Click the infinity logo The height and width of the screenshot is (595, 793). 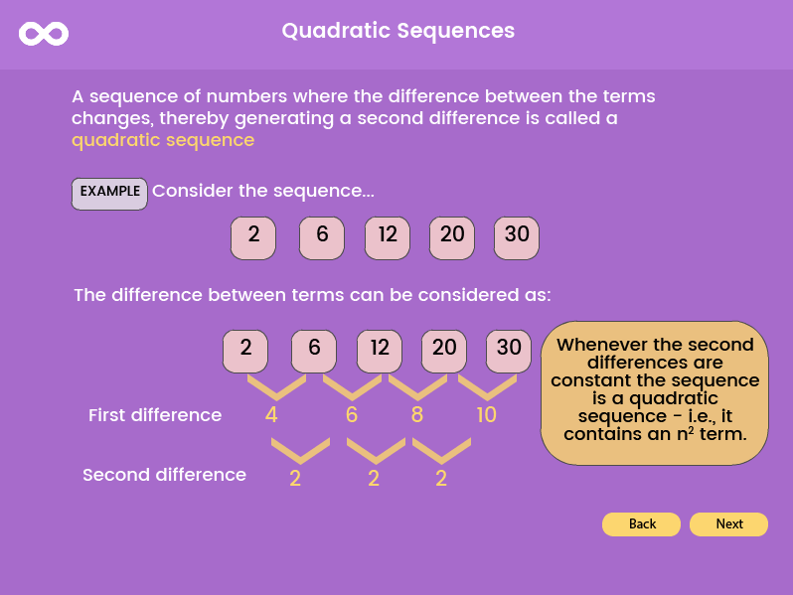[44, 34]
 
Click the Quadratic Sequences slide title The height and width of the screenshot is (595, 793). [397, 31]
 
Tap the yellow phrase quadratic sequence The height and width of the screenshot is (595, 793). [163, 140]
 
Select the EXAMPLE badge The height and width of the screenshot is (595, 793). [109, 193]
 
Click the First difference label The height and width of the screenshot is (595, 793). [155, 415]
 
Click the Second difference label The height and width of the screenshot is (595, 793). [164, 475]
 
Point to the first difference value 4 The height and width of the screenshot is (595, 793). [271, 415]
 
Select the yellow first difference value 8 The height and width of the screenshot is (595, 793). [417, 415]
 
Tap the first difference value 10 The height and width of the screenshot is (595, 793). [486, 415]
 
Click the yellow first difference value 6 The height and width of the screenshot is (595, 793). [351, 415]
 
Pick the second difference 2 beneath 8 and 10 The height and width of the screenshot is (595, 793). [441, 478]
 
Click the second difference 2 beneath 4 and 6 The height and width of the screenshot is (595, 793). [295, 478]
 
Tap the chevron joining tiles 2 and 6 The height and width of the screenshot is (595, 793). [276, 385]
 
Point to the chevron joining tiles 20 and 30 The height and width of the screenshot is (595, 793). [487, 385]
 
